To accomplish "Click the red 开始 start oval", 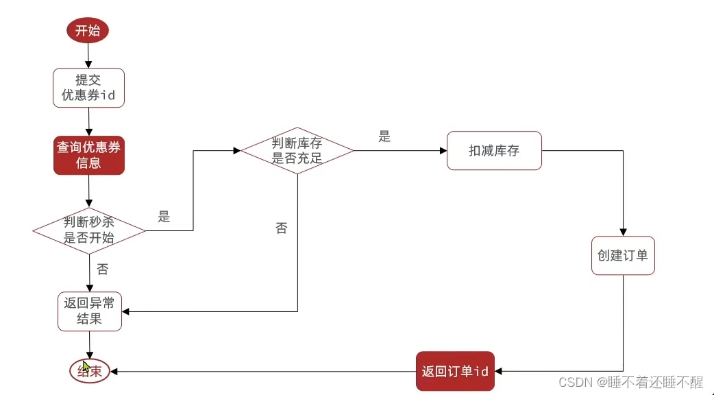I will [x=87, y=30].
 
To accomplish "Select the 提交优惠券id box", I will [x=88, y=88].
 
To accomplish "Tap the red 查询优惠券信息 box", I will [x=88, y=155].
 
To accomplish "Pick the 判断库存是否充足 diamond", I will [x=297, y=151].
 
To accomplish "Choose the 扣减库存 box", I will [x=494, y=151].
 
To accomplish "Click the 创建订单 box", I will [x=623, y=255].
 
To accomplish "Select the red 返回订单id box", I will [x=455, y=371].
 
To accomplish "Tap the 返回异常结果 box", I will [x=89, y=311].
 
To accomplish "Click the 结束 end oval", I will [x=90, y=371].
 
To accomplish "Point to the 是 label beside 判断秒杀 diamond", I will [x=164, y=217].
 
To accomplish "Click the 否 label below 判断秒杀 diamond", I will [x=103, y=270].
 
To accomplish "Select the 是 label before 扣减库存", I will [x=384, y=136].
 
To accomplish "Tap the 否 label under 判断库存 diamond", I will [x=282, y=228].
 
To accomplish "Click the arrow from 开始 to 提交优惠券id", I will [x=88, y=54].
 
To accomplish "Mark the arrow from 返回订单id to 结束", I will [x=260, y=371].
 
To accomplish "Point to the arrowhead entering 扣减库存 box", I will [x=443, y=151].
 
